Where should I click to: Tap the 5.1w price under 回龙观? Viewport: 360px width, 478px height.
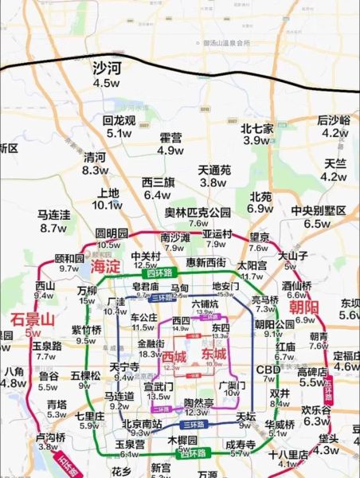[119, 134]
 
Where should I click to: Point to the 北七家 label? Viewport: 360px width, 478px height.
[257, 127]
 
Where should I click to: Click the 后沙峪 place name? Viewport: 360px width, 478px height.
[334, 120]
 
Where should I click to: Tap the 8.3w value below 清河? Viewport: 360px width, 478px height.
[96, 170]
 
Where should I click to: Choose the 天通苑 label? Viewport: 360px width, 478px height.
[214, 170]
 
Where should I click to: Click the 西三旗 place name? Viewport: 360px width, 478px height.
[158, 182]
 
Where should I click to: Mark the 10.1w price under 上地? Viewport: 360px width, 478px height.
[107, 205]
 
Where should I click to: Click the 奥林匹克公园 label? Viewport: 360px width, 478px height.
[198, 212]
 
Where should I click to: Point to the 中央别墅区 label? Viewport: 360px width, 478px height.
[319, 210]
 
